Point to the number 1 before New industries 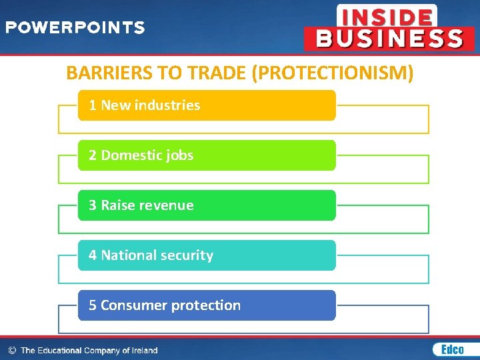(93, 105)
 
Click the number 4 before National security (93, 255)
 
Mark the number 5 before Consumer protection (93, 305)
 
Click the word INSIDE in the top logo (387, 16)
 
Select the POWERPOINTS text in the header (75, 28)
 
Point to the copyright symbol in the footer (12, 350)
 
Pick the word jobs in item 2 (180, 156)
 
